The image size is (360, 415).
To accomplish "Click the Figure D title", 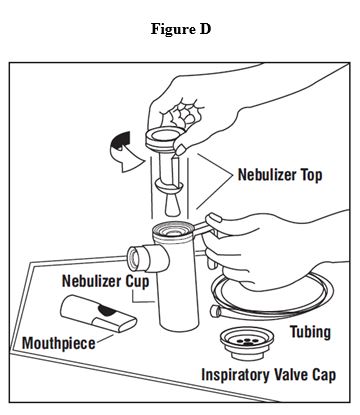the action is (x=181, y=29).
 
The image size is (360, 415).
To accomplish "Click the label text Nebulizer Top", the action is (x=280, y=175).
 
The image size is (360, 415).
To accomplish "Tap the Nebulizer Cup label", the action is (x=105, y=281).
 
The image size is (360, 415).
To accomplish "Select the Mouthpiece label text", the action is (x=59, y=343).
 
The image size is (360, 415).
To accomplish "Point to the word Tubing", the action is (x=310, y=332).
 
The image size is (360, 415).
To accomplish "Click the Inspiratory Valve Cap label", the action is (x=269, y=375).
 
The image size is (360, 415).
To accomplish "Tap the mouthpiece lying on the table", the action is (x=98, y=313).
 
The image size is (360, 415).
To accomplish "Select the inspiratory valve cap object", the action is (x=247, y=343).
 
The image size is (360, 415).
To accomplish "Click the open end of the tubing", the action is (x=215, y=311).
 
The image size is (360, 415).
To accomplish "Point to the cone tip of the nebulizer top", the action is (x=173, y=206).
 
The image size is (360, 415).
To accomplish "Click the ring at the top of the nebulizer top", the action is (x=165, y=137).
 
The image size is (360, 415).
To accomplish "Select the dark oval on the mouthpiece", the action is (x=107, y=311).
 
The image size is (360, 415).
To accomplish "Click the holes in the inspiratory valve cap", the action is (x=246, y=341).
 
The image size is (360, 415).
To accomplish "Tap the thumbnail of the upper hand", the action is (x=181, y=150).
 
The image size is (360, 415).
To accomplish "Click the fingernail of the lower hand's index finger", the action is (x=214, y=219).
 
